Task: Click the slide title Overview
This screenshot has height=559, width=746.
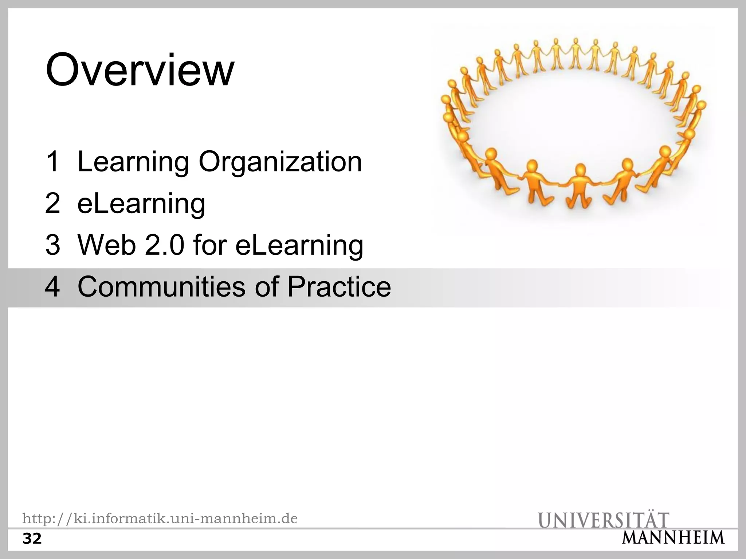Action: [x=140, y=70]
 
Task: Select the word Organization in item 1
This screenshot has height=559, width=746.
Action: [x=280, y=162]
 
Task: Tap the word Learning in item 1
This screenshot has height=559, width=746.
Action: [x=133, y=162]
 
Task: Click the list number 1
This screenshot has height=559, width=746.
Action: [x=53, y=162]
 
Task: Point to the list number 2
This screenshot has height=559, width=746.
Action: [x=53, y=203]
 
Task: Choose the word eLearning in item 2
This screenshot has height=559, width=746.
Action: [x=141, y=204]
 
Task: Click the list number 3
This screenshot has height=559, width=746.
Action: [x=53, y=245]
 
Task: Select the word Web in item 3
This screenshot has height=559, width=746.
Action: [x=106, y=245]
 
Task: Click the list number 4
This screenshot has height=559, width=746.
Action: [x=53, y=287]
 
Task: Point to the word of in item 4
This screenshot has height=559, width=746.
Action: [x=267, y=287]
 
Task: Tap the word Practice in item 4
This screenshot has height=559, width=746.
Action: [x=339, y=287]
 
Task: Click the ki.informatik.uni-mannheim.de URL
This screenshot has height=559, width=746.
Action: [x=160, y=518]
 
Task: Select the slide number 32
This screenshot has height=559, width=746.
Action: [x=32, y=539]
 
